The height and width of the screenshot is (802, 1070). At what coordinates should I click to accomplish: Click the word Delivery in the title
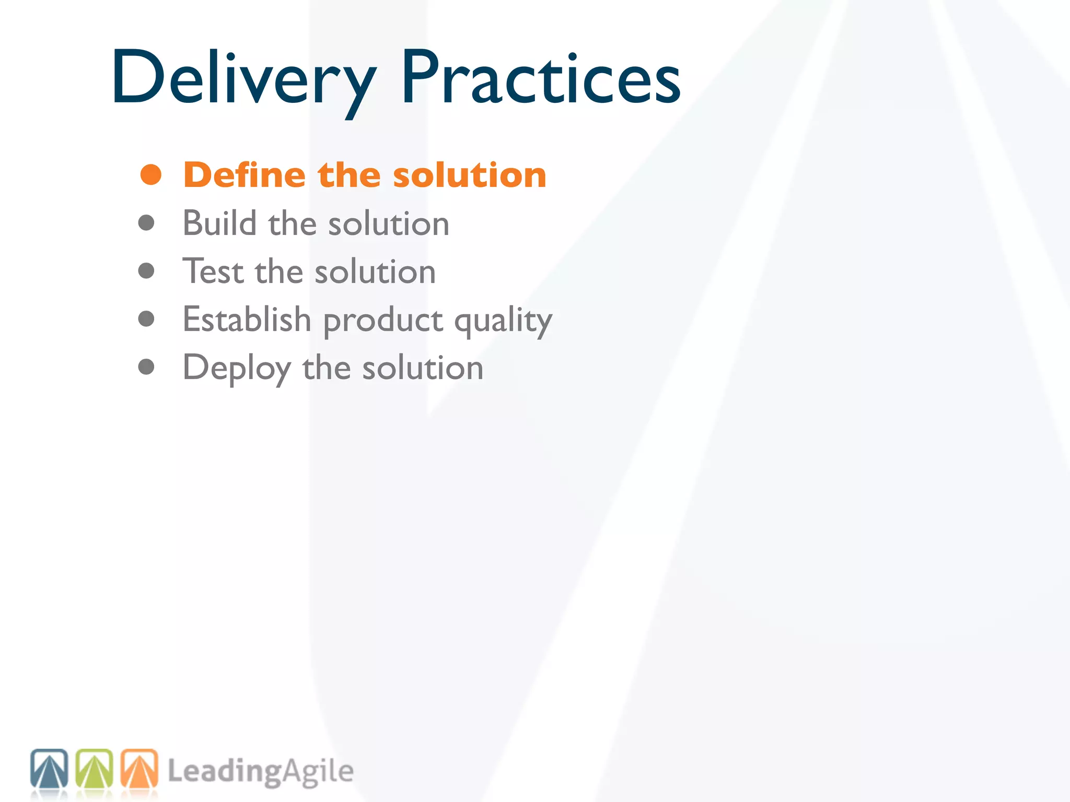tap(243, 78)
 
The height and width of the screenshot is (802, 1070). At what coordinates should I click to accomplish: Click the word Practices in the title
tap(541, 78)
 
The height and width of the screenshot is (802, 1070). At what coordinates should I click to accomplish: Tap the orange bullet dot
tap(151, 175)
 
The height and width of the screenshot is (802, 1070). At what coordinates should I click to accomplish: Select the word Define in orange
tap(245, 175)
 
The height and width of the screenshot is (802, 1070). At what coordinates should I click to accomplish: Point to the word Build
tap(219, 223)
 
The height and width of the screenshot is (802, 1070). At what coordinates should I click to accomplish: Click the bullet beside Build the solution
tap(146, 223)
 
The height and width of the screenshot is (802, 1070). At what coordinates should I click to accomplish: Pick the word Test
tap(213, 272)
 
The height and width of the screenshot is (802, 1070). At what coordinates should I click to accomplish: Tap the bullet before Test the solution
tap(146, 270)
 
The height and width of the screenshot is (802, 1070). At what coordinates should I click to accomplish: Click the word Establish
tap(247, 320)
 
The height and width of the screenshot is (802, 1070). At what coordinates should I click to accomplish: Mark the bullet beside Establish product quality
tap(146, 319)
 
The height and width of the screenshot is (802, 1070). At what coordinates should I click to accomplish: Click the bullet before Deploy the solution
tap(146, 367)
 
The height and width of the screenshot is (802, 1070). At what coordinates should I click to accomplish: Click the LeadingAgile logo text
tap(261, 772)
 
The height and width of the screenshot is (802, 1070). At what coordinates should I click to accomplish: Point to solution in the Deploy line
tap(423, 368)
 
